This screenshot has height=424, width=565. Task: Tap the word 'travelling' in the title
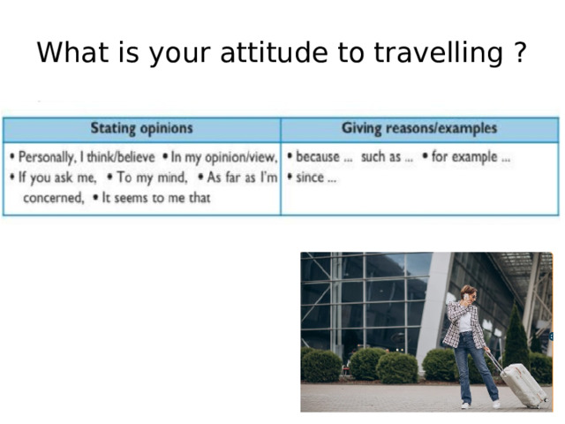coord(437,54)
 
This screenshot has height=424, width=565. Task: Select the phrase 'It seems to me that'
coord(157,198)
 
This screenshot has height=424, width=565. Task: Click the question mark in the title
coord(520,54)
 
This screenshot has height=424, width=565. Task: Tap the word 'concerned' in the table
coord(53,198)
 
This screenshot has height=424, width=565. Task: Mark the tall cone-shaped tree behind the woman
coord(515,336)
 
